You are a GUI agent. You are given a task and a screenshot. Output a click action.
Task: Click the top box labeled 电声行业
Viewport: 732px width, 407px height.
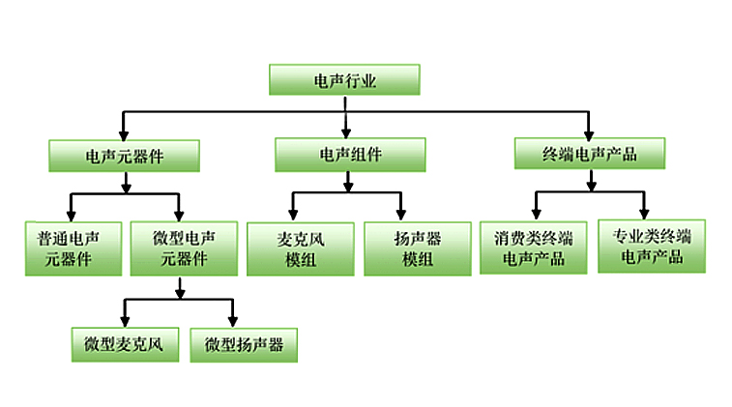pyautogui.click(x=344, y=80)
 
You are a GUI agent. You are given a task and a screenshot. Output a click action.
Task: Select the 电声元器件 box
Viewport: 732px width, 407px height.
pyautogui.click(x=124, y=156)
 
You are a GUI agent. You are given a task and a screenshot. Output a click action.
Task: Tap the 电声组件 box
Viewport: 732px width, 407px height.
pyautogui.click(x=350, y=154)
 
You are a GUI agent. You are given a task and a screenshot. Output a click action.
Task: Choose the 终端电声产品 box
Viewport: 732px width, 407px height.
pyautogui.click(x=590, y=154)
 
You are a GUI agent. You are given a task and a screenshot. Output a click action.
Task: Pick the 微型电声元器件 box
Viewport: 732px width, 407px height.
pyautogui.click(x=183, y=248)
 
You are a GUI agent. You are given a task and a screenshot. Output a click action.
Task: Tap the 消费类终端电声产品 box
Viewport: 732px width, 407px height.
pyautogui.click(x=533, y=248)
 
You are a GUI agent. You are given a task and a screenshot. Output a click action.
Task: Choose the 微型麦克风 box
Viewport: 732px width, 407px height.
pyautogui.click(x=125, y=344)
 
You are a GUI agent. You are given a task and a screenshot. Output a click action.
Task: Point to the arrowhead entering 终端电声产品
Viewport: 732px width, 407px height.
pyautogui.click(x=590, y=131)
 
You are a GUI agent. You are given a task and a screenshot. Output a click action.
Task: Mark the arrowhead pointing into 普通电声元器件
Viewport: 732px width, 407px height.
pyautogui.click(x=71, y=214)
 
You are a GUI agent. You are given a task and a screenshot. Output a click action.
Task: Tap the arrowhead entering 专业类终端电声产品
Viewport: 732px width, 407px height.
pyautogui.click(x=644, y=212)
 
